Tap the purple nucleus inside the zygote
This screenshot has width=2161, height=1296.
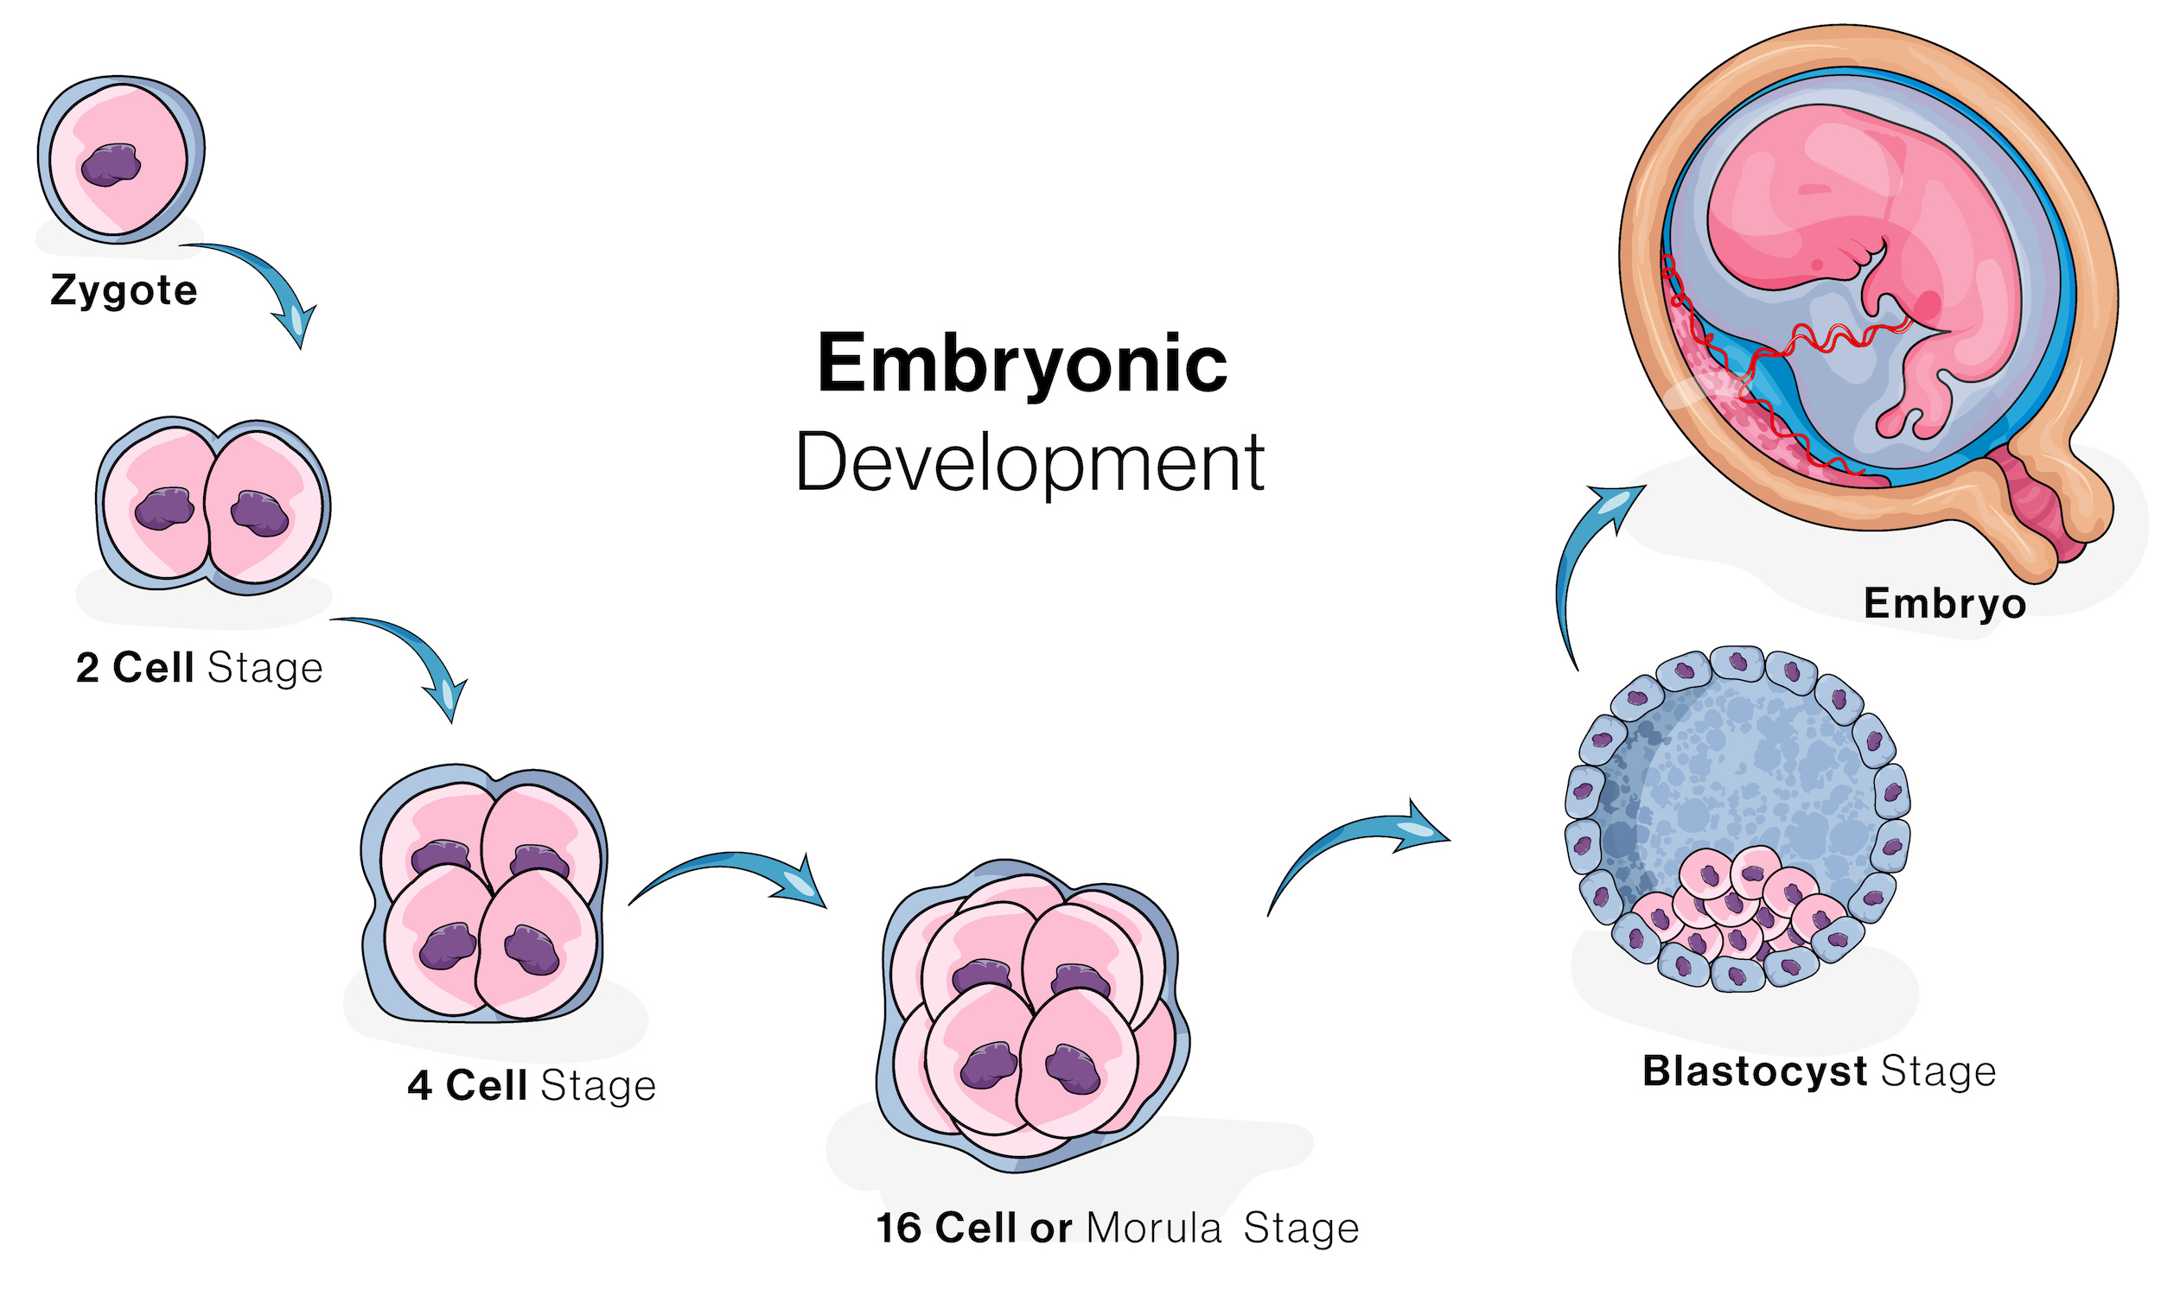pos(111,165)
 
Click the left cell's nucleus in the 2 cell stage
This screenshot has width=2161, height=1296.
pos(164,509)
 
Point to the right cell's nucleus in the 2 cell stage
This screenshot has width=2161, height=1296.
pos(259,513)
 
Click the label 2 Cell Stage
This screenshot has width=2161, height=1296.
pos(200,668)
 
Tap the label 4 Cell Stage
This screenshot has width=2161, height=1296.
pos(532,1085)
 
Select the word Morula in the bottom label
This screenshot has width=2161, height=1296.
pos(1153,1229)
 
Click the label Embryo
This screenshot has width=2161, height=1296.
pos(1944,604)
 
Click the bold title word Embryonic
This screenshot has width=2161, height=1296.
pos(1023,363)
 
